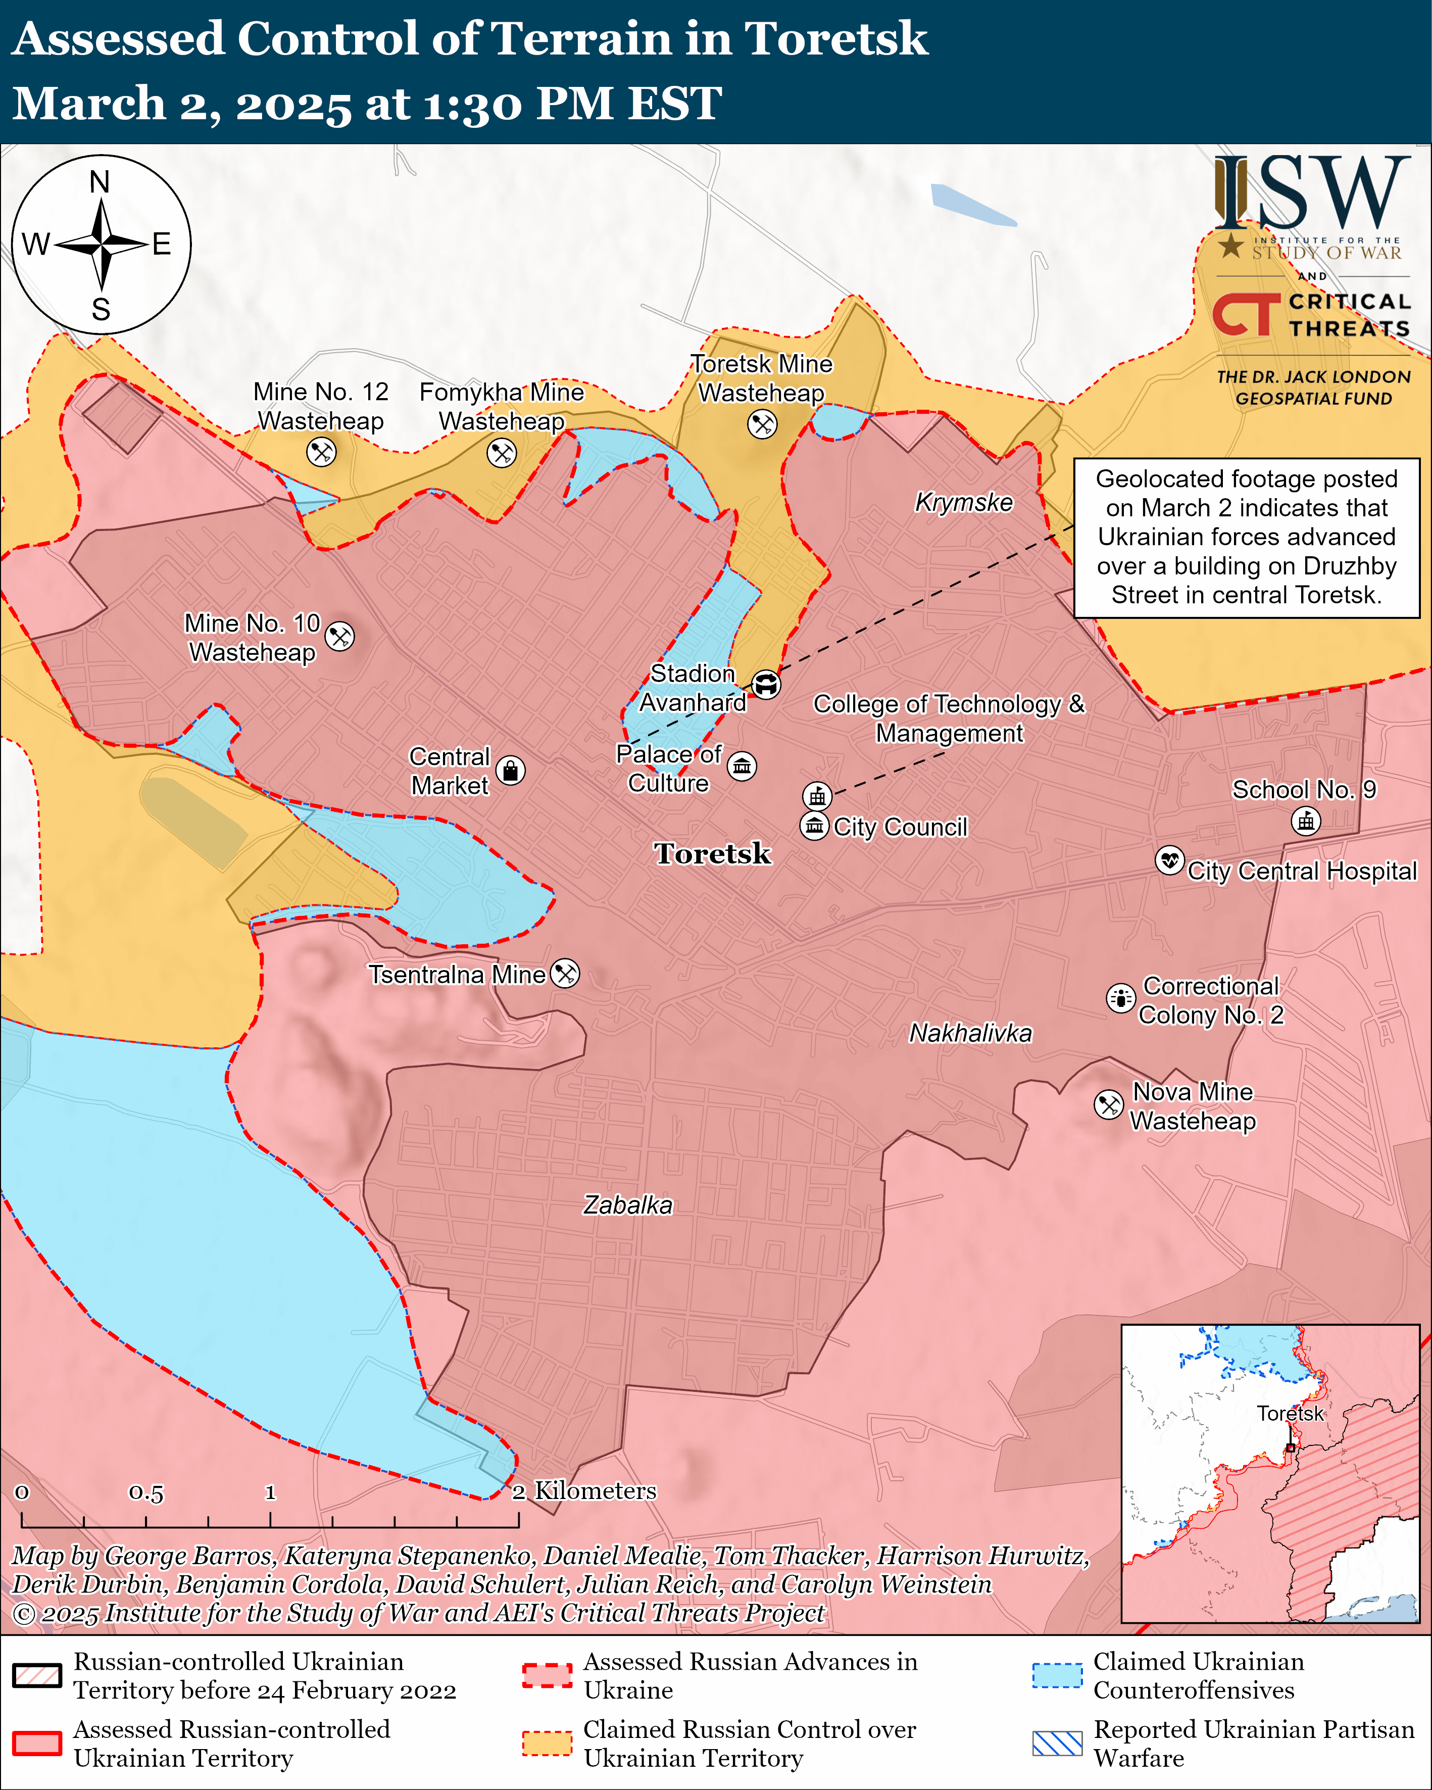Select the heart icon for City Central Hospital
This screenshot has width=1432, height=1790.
click(1170, 860)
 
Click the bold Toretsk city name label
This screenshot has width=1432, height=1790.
click(712, 853)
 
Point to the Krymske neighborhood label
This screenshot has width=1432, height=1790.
click(964, 502)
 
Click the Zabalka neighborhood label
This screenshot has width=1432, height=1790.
click(627, 1204)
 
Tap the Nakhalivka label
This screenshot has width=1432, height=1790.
click(970, 1033)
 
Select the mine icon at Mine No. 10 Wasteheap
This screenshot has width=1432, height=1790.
click(339, 637)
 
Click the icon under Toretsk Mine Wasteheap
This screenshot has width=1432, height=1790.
click(762, 424)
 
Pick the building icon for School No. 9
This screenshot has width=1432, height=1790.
click(1306, 821)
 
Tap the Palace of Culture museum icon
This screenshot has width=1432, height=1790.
click(742, 765)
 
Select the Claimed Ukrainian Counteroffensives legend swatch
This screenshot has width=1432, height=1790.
click(1057, 1675)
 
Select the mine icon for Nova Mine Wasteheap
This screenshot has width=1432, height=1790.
click(1109, 1105)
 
